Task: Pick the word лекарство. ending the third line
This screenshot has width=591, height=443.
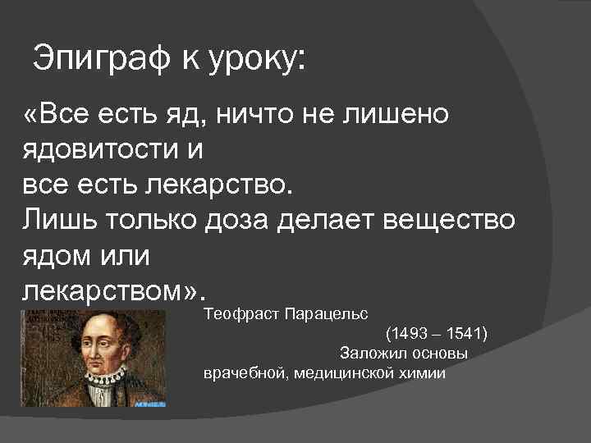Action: pyautogui.click(x=217, y=185)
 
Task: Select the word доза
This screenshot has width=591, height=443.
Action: pyautogui.click(x=244, y=221)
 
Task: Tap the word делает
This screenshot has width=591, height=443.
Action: pyautogui.click(x=340, y=221)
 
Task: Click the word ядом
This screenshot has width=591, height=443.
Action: pyautogui.click(x=55, y=256)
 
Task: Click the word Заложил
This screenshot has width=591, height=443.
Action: pyautogui.click(x=368, y=354)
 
